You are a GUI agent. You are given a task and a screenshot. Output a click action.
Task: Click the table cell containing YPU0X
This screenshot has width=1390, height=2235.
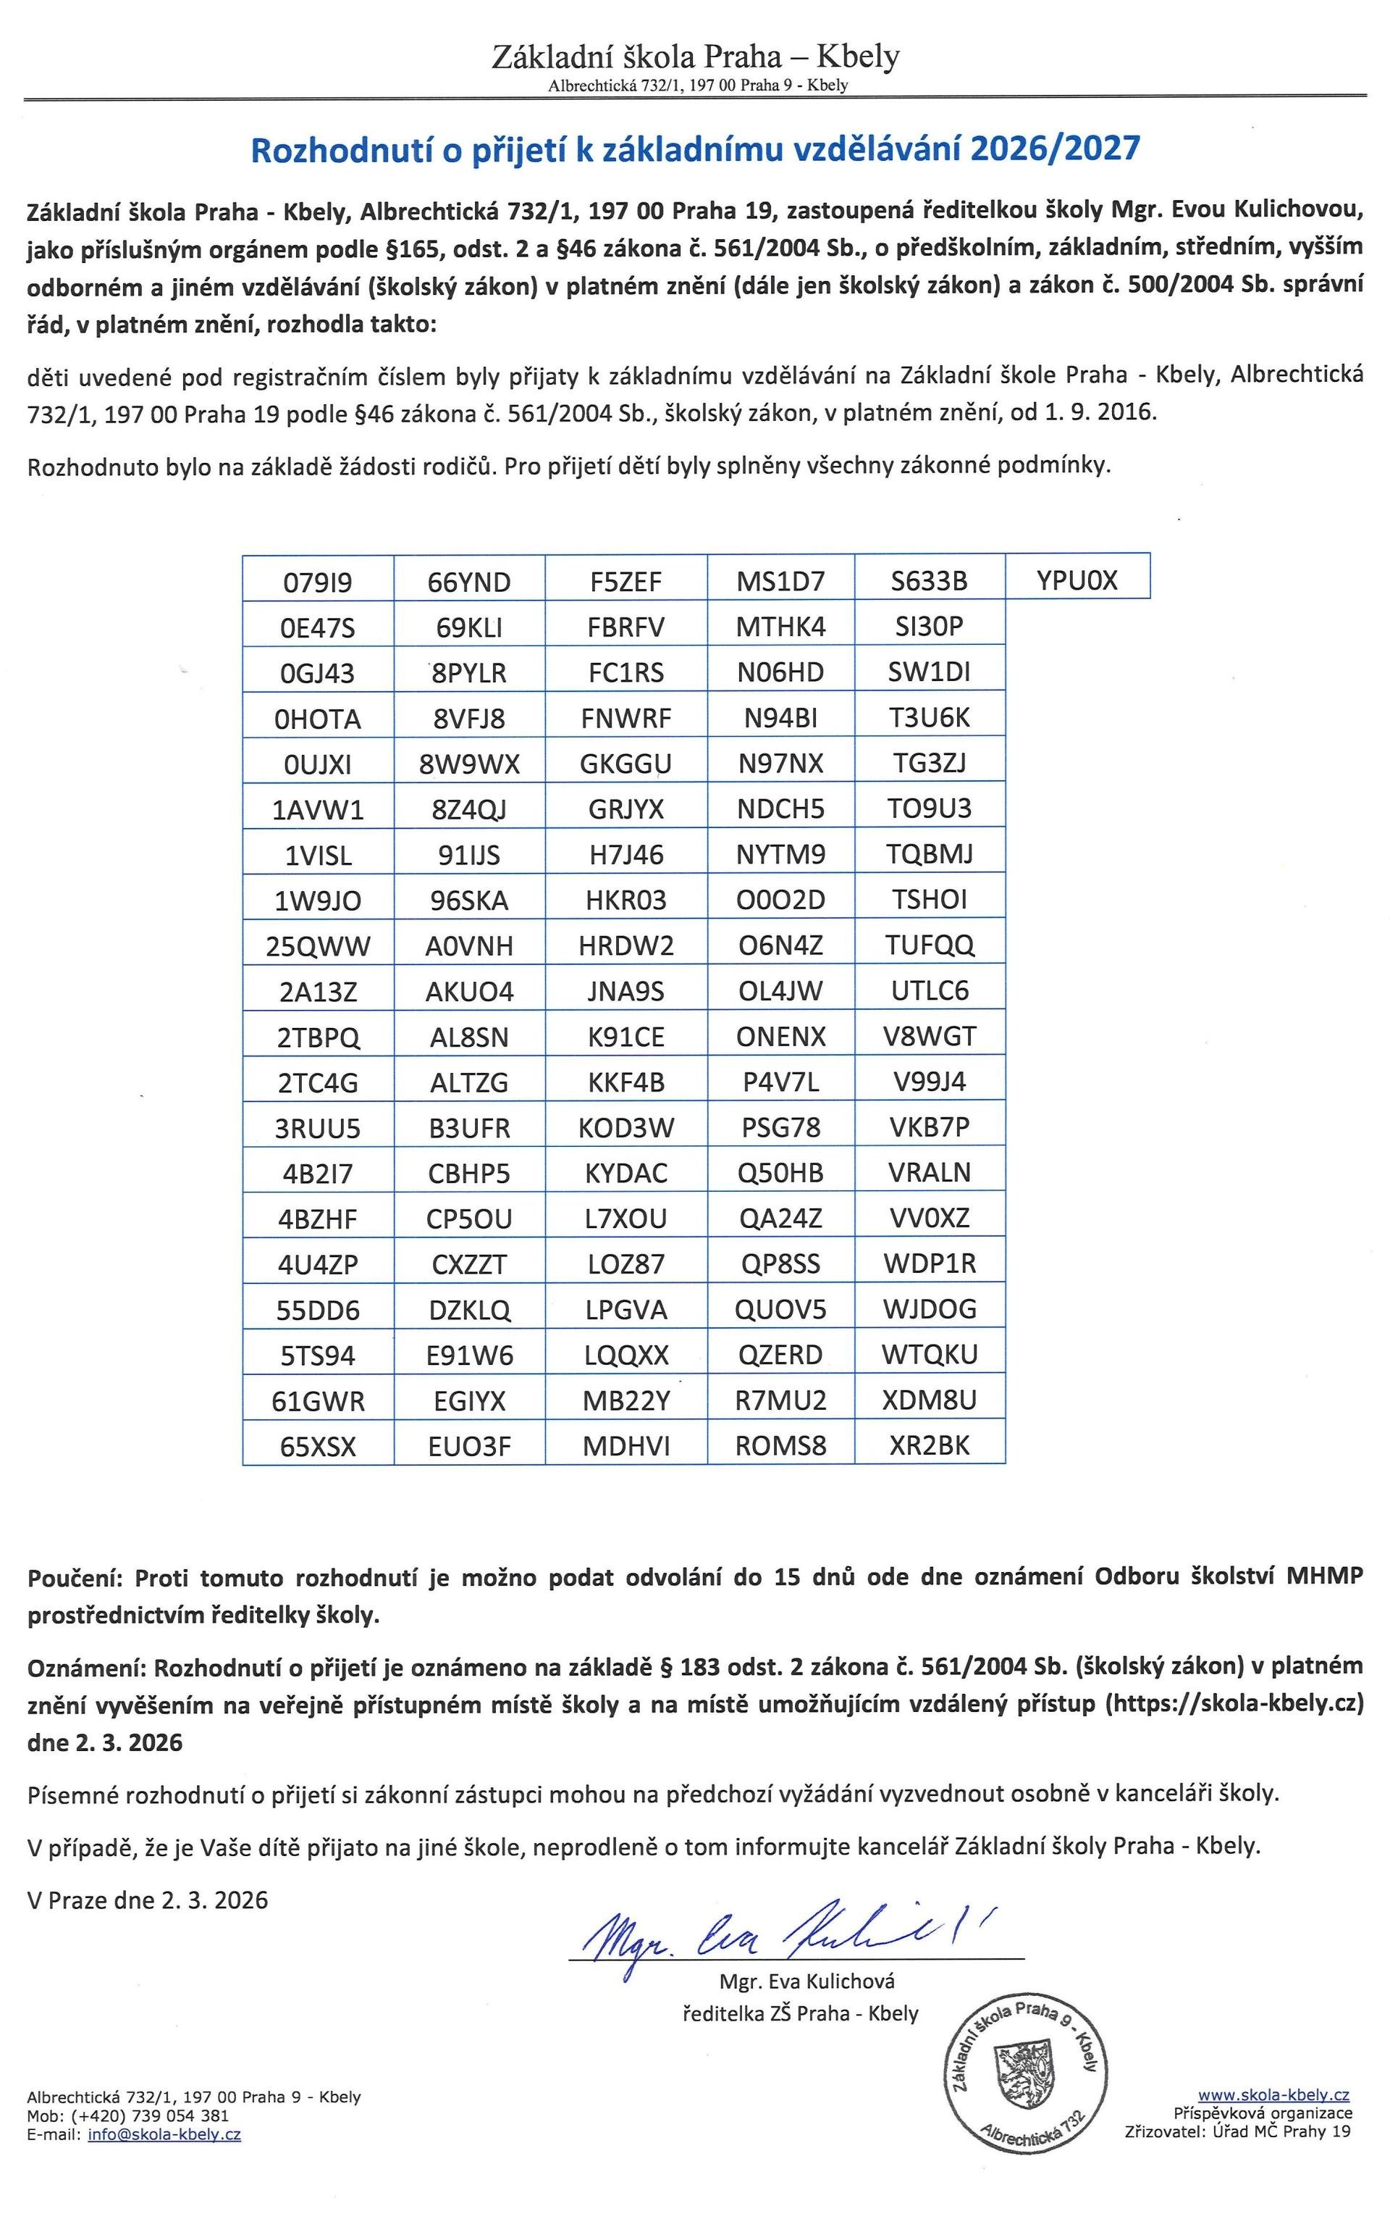tap(1077, 580)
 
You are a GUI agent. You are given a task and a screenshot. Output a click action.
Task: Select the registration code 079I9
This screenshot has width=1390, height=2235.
tap(317, 582)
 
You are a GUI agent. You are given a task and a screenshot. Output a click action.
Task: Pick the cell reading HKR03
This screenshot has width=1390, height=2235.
tap(626, 900)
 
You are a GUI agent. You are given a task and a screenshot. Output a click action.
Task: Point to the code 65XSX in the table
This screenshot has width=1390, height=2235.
tap(317, 1447)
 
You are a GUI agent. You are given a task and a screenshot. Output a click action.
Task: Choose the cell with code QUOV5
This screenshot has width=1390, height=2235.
tap(780, 1309)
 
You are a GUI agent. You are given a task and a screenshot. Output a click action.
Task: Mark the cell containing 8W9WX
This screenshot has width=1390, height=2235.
tap(469, 764)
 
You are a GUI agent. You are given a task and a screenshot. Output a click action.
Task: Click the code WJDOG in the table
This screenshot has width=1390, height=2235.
tap(930, 1309)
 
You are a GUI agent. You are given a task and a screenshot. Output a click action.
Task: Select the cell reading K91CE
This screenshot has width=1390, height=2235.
tap(626, 1037)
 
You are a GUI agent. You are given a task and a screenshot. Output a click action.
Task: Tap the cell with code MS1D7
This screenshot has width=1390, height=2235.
tap(780, 581)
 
